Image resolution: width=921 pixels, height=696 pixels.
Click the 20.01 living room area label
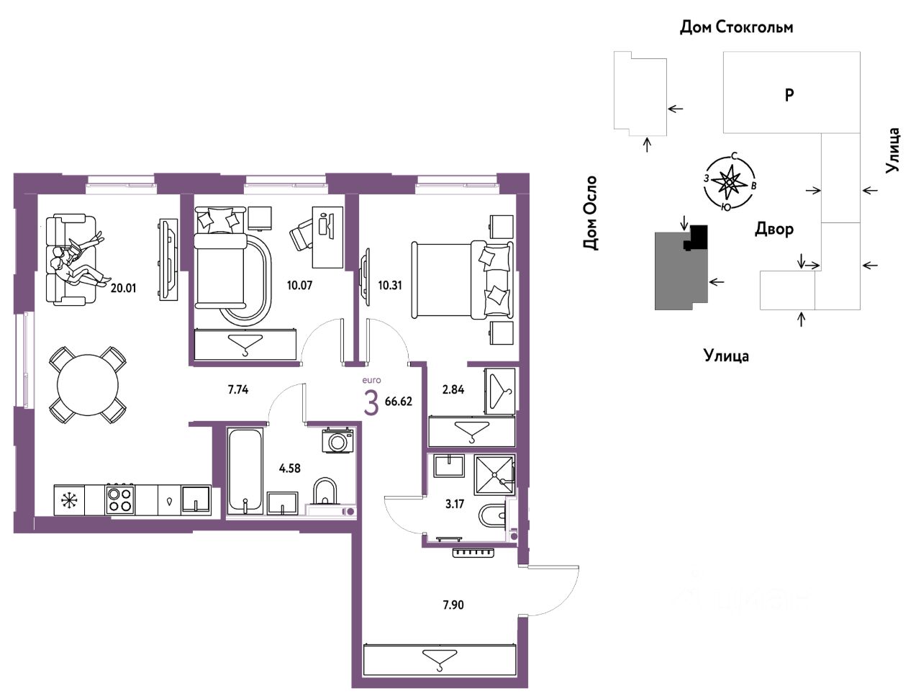(123, 289)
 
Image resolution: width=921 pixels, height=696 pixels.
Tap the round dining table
(88, 385)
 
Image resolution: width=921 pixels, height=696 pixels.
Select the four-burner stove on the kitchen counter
(120, 500)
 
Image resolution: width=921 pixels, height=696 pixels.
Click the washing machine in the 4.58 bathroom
(337, 440)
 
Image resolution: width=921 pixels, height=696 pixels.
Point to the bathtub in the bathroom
(246, 470)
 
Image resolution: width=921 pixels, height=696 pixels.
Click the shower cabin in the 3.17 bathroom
(494, 475)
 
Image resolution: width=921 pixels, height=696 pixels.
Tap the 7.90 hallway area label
(453, 605)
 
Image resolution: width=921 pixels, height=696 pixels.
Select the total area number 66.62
(399, 402)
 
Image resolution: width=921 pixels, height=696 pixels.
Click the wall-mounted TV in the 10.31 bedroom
(366, 277)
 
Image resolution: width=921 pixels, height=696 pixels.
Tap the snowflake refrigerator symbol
(67, 500)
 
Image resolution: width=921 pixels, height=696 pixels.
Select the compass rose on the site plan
(730, 181)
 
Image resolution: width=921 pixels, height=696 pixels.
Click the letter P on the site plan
(789, 96)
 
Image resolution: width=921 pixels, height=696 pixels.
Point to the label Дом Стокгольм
(736, 27)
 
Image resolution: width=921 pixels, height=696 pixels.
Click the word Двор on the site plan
(773, 230)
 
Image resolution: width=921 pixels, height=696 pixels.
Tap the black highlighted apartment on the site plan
(696, 238)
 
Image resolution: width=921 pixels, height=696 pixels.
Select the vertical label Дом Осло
(590, 213)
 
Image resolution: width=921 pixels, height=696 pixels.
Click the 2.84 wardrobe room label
(453, 389)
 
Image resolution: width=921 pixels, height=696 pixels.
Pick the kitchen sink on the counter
(196, 500)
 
